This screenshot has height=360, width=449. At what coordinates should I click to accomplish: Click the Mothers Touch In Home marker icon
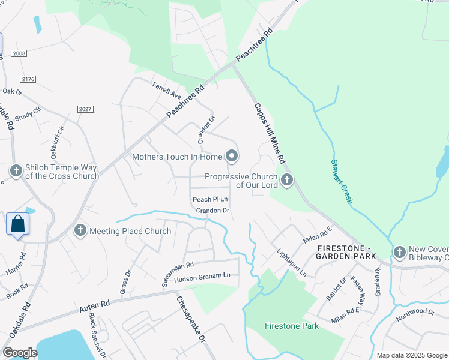tap(232, 157)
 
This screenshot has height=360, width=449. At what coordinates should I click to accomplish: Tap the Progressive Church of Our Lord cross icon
tap(287, 179)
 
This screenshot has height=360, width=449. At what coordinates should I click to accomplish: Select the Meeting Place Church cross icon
tap(79, 230)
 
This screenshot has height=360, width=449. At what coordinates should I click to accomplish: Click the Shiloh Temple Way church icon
tap(16, 171)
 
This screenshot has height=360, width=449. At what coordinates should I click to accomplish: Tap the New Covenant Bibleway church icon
tap(400, 251)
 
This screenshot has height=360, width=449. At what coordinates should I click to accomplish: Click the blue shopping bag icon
tap(18, 224)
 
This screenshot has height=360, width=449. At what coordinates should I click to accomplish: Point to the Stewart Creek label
tap(341, 181)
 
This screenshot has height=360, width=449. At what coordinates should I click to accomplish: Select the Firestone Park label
tap(292, 326)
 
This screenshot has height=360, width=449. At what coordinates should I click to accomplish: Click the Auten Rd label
tap(95, 307)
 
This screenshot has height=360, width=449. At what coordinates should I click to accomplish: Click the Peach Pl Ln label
tap(210, 199)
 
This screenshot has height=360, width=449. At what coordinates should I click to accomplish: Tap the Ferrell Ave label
tap(167, 91)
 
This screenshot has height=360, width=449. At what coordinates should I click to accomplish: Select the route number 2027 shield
tap(85, 109)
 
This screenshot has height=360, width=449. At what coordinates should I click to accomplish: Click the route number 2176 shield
tap(28, 79)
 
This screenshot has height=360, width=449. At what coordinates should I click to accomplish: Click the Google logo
tap(19, 353)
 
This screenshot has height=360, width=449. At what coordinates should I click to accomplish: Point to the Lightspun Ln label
tap(291, 263)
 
